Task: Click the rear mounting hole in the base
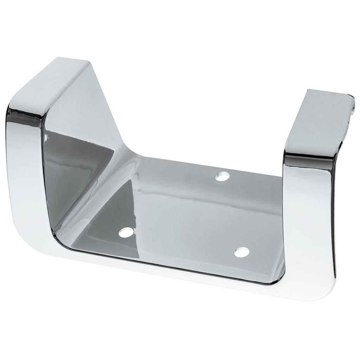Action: pyautogui.click(x=221, y=176)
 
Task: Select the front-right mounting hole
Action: pyautogui.click(x=242, y=252)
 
